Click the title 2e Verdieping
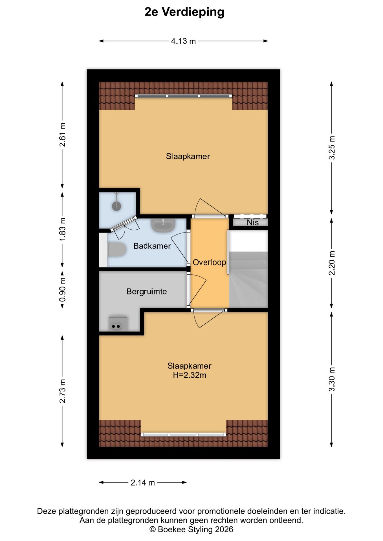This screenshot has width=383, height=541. click(x=184, y=12)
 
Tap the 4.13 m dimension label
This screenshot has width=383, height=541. click(x=183, y=41)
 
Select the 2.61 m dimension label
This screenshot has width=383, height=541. click(x=62, y=135)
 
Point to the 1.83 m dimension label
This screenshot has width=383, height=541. click(x=62, y=229)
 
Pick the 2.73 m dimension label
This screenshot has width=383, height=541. click(x=62, y=391)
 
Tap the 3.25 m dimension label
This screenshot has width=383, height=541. click(x=332, y=148)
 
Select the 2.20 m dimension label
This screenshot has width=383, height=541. click(x=332, y=263)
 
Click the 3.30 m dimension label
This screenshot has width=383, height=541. click(x=332, y=379)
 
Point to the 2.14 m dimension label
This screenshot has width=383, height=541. click(x=143, y=483)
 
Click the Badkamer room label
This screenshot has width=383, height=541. click(x=152, y=246)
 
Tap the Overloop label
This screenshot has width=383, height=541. click(x=209, y=262)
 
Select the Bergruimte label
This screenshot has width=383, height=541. click(x=147, y=292)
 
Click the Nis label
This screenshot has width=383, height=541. click(x=253, y=223)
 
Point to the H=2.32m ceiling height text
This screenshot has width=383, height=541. click(x=190, y=375)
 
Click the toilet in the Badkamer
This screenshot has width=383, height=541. click(x=117, y=250)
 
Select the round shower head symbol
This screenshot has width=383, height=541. click(x=116, y=206)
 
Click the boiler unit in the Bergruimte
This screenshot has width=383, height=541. click(x=118, y=324)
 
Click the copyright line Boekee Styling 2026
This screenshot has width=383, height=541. click(x=191, y=529)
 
